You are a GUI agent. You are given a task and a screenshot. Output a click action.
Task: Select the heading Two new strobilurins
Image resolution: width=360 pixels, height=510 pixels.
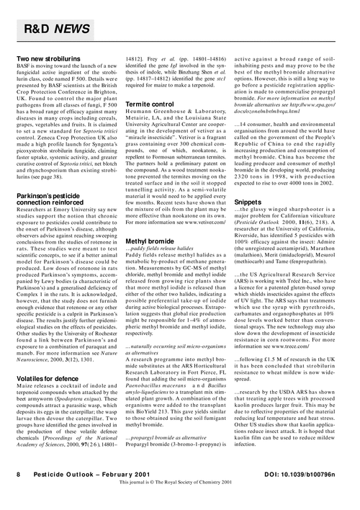(52, 57)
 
